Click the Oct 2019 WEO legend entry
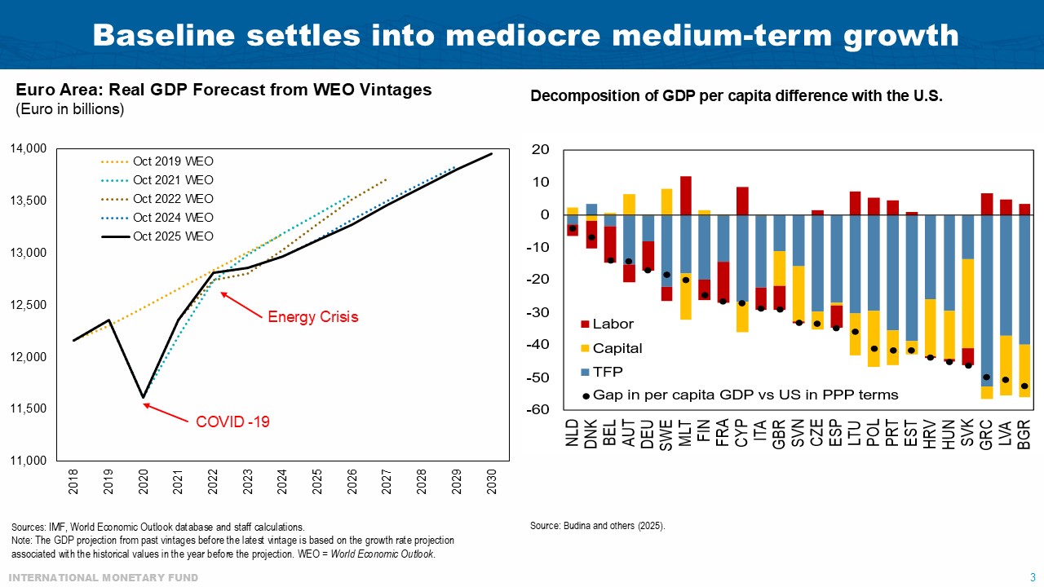click(173, 161)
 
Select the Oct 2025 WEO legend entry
click(173, 236)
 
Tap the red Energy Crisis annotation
click(312, 317)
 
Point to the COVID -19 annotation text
click(232, 422)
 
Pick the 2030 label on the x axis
click(490, 482)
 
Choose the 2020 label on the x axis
click(144, 482)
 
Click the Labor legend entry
click(613, 324)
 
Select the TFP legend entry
click(608, 372)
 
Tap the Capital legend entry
click(617, 348)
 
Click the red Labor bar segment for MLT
click(686, 224)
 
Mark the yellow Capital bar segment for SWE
click(666, 201)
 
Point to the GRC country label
click(987, 432)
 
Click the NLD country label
click(573, 432)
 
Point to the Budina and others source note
click(597, 526)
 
